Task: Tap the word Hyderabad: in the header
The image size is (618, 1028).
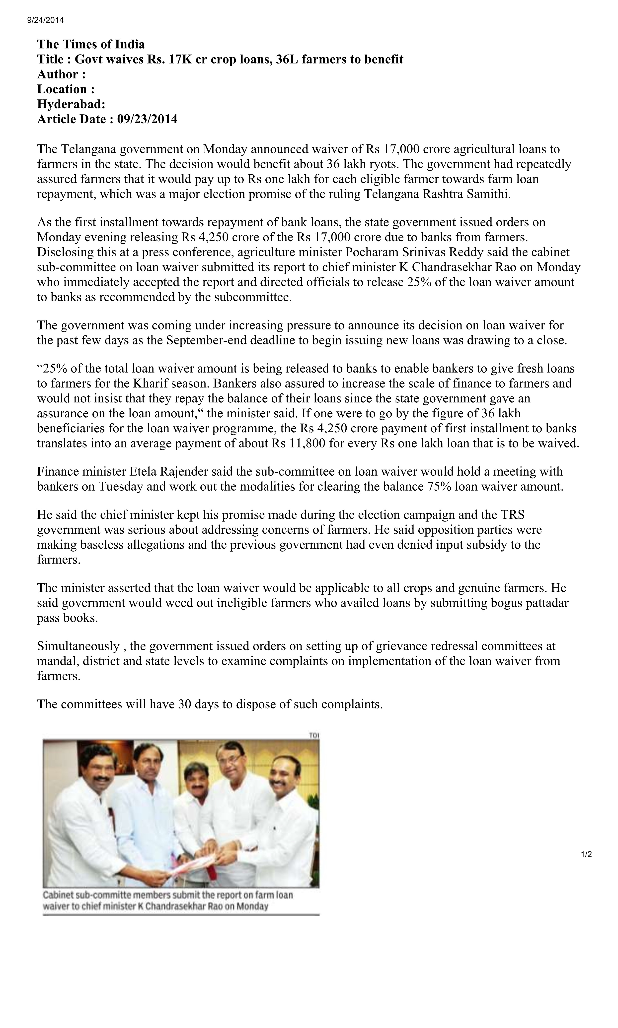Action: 71,104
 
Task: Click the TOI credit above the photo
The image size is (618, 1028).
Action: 313,736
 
